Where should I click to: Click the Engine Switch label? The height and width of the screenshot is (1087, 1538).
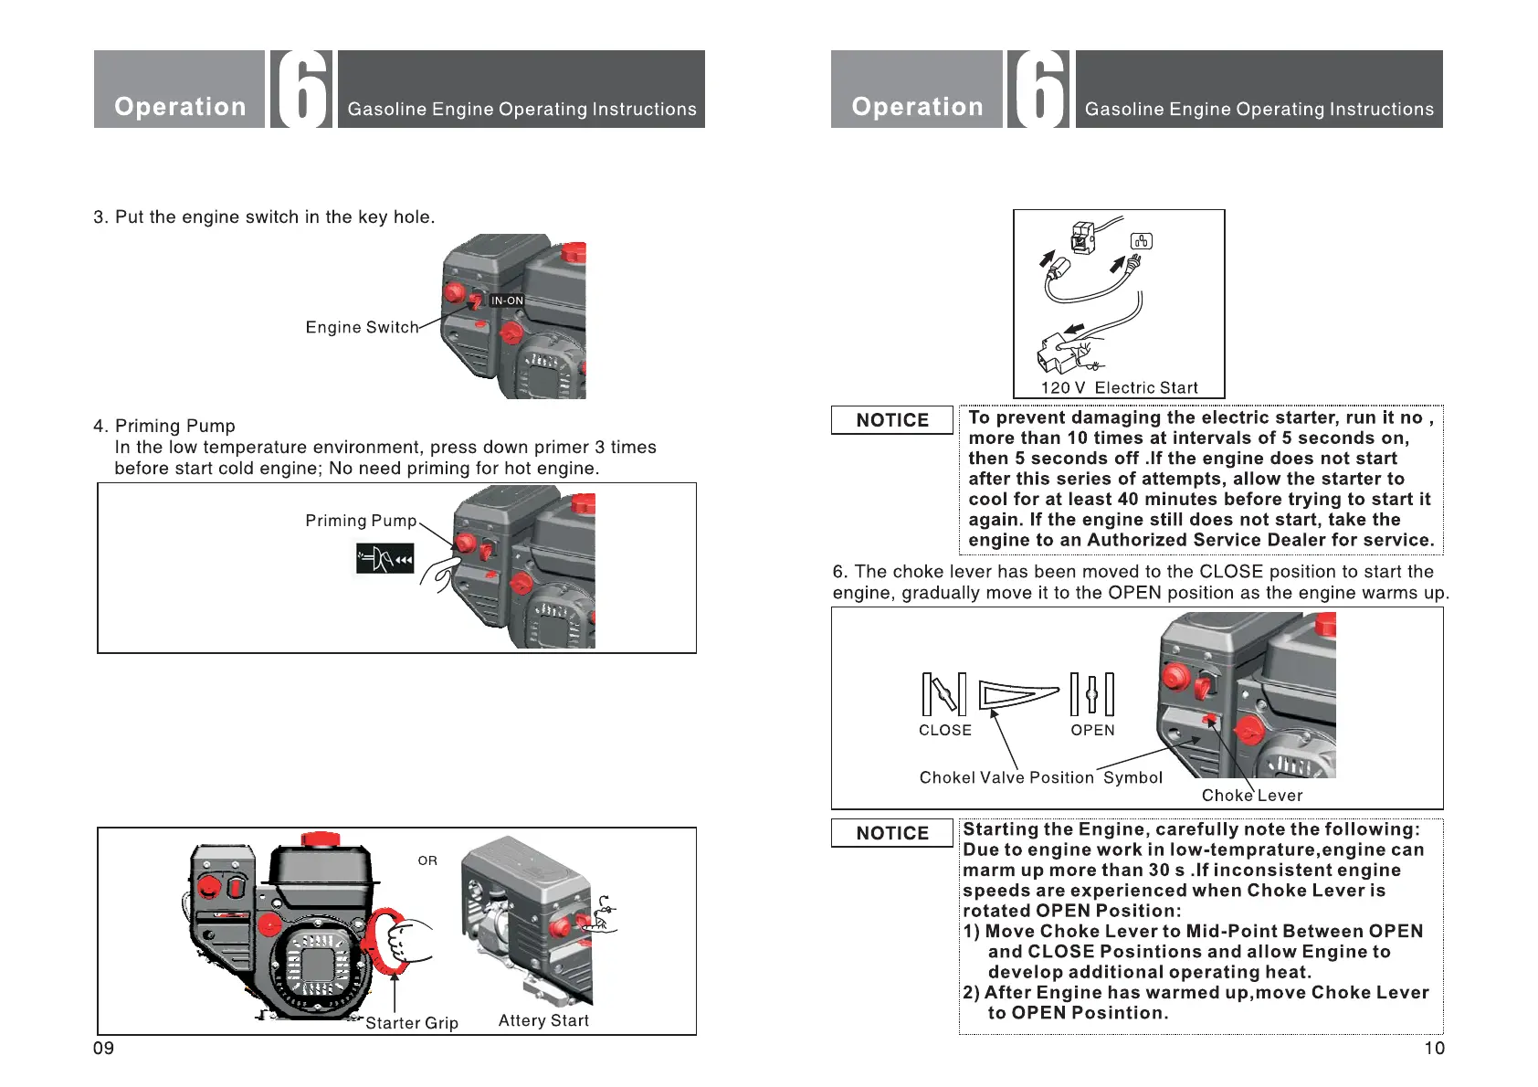(362, 327)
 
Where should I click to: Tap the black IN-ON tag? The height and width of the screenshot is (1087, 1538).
(507, 301)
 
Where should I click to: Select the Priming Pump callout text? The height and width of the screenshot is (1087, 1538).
(361, 521)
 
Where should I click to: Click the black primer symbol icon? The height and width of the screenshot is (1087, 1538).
(384, 558)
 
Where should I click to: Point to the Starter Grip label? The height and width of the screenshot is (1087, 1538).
(412, 1023)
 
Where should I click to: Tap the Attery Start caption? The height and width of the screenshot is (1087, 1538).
(543, 1020)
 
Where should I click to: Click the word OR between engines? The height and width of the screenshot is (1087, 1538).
(427, 860)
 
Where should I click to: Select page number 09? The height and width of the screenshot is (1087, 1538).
(103, 1048)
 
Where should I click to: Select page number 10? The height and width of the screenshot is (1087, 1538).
(1434, 1048)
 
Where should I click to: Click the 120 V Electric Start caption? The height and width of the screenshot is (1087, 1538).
(1119, 387)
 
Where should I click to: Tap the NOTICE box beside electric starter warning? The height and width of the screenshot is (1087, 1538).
(892, 420)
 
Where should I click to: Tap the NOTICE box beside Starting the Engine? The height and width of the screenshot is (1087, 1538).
(892, 833)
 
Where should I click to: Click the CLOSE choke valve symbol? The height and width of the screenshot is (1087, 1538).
(944, 694)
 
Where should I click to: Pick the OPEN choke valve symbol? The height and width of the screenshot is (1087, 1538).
(1091, 694)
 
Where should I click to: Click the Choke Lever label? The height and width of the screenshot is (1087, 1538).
(1252, 796)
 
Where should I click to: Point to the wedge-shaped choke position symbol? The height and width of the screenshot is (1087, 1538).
(1017, 694)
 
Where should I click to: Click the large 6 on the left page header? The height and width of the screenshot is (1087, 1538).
(301, 90)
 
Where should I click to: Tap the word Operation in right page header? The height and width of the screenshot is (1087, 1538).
(917, 107)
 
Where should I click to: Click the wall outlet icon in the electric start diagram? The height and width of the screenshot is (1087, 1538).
(1142, 241)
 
